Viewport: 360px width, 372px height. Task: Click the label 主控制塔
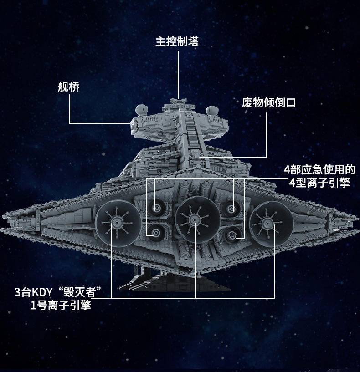point(177,41)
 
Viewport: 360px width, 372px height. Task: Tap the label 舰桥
point(69,87)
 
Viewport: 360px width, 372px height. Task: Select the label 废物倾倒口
point(268,103)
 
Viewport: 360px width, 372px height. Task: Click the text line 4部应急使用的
point(319,170)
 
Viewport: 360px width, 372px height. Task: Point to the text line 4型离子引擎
point(319,183)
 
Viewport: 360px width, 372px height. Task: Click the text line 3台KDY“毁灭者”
point(58,292)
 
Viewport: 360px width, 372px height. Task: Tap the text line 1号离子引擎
point(61,306)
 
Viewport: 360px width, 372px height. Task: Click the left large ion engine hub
point(117,223)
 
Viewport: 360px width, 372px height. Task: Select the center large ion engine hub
point(195,219)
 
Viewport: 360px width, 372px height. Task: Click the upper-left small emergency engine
point(156,208)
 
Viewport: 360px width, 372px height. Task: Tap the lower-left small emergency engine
point(156,233)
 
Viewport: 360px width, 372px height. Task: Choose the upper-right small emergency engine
point(231,209)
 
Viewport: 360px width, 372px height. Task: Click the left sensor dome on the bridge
point(142,110)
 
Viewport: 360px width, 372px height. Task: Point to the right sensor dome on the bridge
point(212,111)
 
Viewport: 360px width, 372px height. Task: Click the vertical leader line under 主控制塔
point(178,75)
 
